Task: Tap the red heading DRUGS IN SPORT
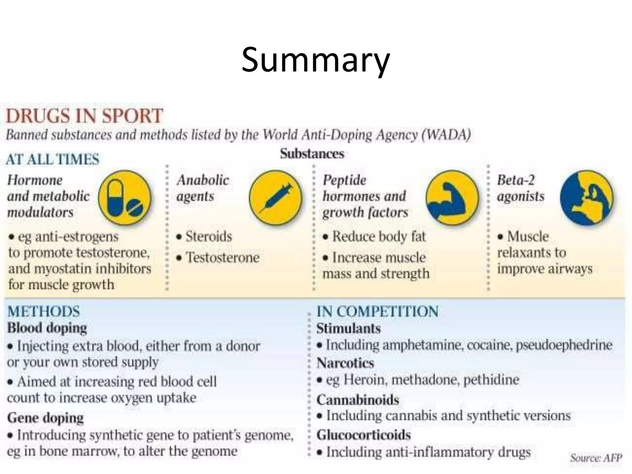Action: pyautogui.click(x=84, y=116)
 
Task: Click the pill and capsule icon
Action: pyautogui.click(x=125, y=197)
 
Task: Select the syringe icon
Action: pyautogui.click(x=276, y=197)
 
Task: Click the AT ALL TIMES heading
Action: pyautogui.click(x=52, y=159)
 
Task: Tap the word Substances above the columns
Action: pyautogui.click(x=312, y=154)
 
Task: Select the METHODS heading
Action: pyautogui.click(x=44, y=311)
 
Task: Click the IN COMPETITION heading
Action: pyautogui.click(x=377, y=311)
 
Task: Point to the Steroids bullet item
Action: pyautogui.click(x=208, y=237)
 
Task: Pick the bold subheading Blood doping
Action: pyautogui.click(x=47, y=328)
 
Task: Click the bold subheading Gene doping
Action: pyautogui.click(x=45, y=418)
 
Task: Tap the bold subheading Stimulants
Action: pyautogui.click(x=348, y=328)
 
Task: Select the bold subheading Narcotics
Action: pyautogui.click(x=345, y=363)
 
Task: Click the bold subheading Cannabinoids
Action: pyautogui.click(x=358, y=400)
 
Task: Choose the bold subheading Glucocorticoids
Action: pyautogui.click(x=364, y=435)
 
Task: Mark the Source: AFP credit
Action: pyautogui.click(x=596, y=458)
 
